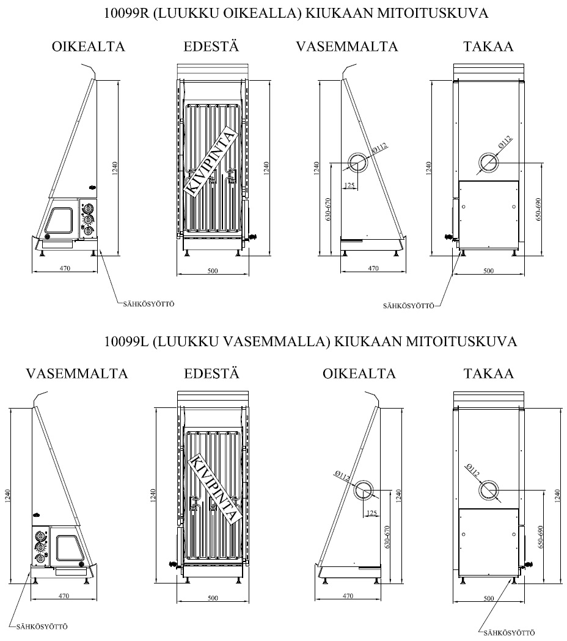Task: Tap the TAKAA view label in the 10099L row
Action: (x=488, y=373)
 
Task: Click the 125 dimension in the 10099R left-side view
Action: (x=349, y=185)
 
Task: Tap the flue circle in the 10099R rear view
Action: (x=489, y=162)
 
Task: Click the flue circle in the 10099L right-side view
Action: (x=365, y=489)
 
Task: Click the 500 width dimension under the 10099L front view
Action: (x=213, y=598)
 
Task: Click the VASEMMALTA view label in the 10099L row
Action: (x=77, y=373)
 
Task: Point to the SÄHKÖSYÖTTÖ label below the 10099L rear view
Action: (x=508, y=633)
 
